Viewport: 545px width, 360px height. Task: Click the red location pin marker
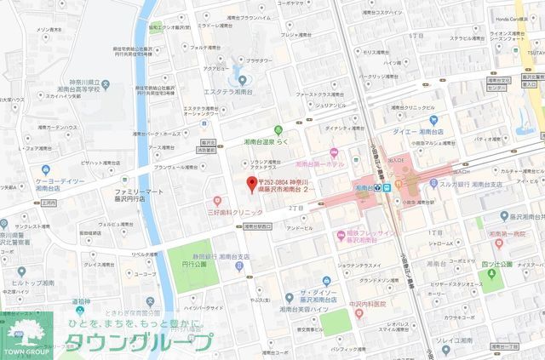tap(250, 185)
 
